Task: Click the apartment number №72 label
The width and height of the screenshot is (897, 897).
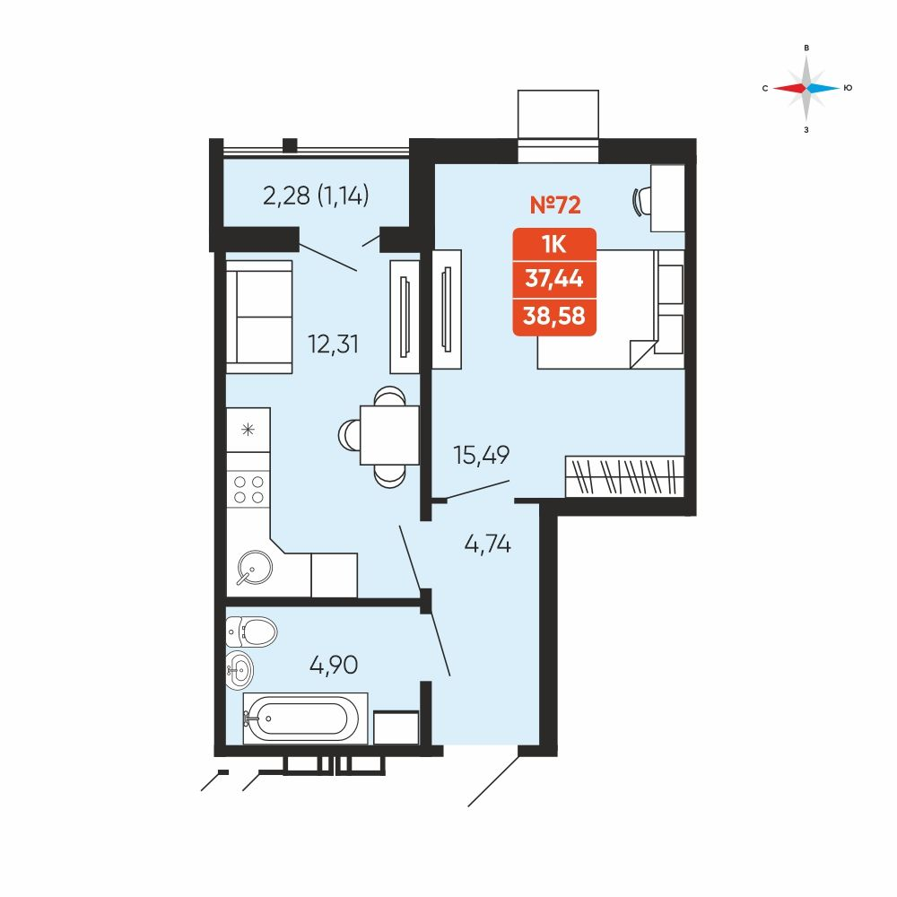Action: [x=555, y=205]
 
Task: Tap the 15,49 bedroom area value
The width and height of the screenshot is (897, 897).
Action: [x=481, y=456]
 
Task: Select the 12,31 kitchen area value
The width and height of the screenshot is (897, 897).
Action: [x=334, y=344]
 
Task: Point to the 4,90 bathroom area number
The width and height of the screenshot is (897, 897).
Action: [x=334, y=665]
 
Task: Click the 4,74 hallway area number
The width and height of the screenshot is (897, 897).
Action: [x=487, y=544]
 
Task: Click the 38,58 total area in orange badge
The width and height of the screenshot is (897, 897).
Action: [x=554, y=315]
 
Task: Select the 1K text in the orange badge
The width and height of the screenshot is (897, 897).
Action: [x=554, y=245]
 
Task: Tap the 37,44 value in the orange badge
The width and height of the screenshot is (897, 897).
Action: [x=554, y=279]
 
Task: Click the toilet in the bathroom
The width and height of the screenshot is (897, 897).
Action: [x=251, y=632]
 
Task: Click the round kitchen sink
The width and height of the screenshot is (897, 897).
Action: [x=254, y=568]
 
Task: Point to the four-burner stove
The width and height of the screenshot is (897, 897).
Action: [x=248, y=489]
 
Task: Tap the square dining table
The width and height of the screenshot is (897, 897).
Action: [x=389, y=435]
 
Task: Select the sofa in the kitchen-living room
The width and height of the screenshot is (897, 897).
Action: [x=259, y=317]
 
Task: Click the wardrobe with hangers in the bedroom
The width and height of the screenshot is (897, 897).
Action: [x=624, y=476]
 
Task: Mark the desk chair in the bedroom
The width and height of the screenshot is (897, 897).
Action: [x=641, y=201]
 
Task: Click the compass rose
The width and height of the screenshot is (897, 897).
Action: [x=806, y=89]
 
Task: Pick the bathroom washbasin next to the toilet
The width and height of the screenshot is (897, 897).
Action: [x=239, y=669]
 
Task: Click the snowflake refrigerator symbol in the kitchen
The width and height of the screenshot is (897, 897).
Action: [x=248, y=429]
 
